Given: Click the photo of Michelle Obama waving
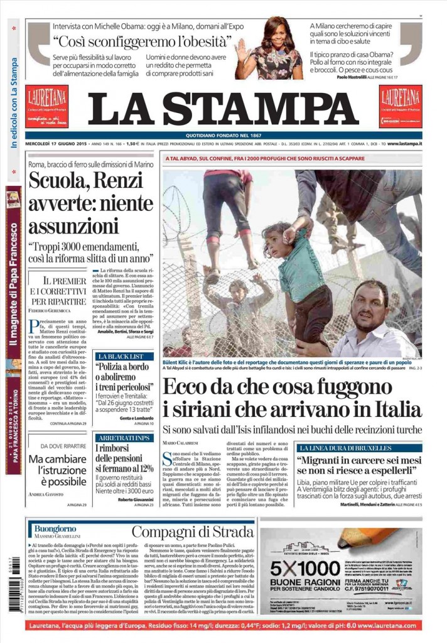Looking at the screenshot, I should (269, 49).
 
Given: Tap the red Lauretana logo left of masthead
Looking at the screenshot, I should (47, 105).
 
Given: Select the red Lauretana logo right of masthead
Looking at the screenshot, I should (401, 105).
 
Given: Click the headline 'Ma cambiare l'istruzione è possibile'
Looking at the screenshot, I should (62, 470).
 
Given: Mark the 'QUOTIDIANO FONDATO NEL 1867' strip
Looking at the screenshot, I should (223, 135).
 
